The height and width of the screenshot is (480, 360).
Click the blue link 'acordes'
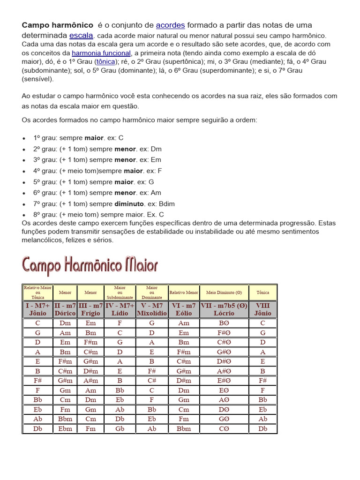pyautogui.click(x=170, y=25)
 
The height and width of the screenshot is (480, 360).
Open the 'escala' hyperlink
pyautogui.click(x=82, y=35)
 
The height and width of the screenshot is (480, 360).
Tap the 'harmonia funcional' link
pyautogui.click(x=101, y=53)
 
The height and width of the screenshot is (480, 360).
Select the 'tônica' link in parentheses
pyautogui.click(x=105, y=62)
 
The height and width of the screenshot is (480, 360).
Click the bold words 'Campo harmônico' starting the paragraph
pyautogui.click(x=57, y=25)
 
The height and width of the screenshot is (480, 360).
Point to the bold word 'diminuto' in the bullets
pyautogui.click(x=129, y=204)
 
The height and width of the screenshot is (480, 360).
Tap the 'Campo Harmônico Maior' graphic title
pyautogui.click(x=90, y=266)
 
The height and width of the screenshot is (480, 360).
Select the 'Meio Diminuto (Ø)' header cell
pyautogui.click(x=224, y=292)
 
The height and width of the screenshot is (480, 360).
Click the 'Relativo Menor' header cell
pyautogui.click(x=184, y=292)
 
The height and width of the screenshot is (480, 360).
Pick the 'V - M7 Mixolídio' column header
pyautogui.click(x=151, y=309)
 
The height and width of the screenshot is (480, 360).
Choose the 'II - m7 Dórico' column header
pyautogui.click(x=65, y=309)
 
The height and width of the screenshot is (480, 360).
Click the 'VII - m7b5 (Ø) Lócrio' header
pyautogui.click(x=224, y=309)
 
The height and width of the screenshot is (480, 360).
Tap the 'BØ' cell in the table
pyautogui.click(x=224, y=323)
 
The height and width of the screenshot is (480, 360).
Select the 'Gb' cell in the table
pyautogui.click(x=120, y=429)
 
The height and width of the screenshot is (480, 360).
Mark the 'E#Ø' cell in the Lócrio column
pyautogui.click(x=224, y=381)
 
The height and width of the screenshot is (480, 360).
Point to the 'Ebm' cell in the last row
pyautogui.click(x=65, y=429)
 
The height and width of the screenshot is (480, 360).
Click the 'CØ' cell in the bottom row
pyautogui.click(x=224, y=429)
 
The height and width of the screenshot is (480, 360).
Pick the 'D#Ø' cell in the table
pyautogui.click(x=224, y=361)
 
